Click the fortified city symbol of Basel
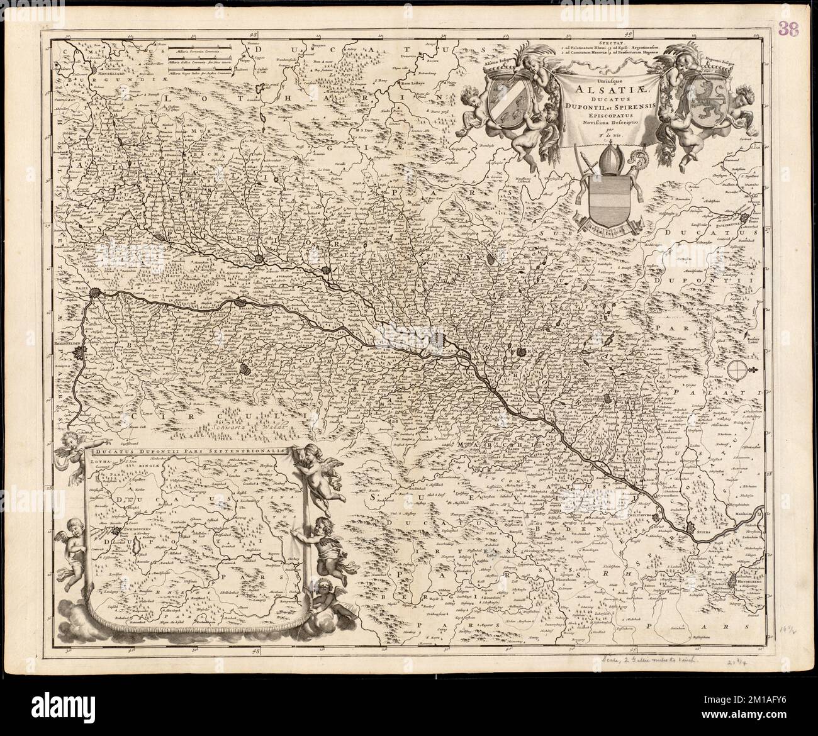point(96,292)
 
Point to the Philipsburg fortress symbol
point(657,518)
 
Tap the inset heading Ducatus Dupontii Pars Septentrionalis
point(191,450)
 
